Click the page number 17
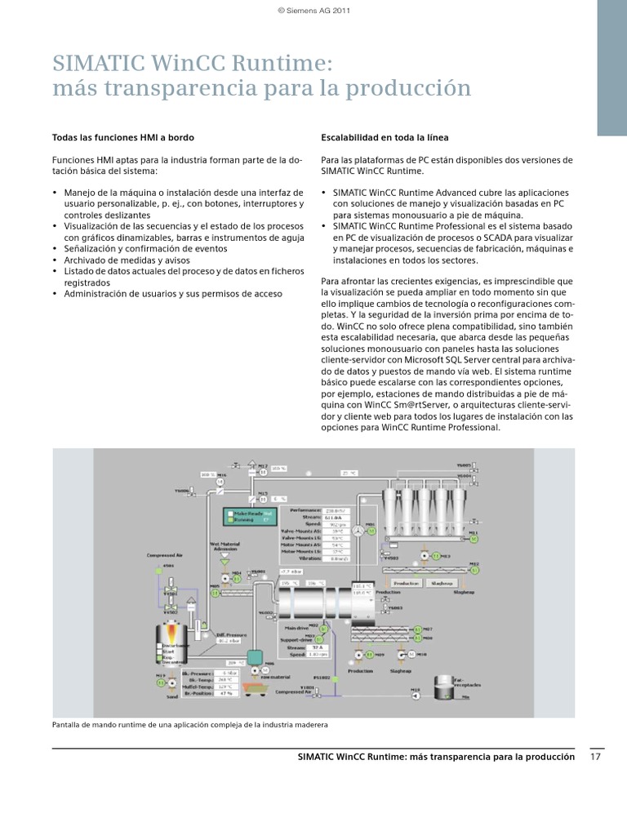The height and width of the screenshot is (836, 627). click(x=595, y=757)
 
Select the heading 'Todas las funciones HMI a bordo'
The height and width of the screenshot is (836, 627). click(x=123, y=137)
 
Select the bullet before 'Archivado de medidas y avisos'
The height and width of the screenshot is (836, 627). click(x=55, y=260)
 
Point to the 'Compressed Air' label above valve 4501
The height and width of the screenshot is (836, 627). click(x=166, y=554)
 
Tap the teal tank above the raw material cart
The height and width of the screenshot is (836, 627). click(x=254, y=655)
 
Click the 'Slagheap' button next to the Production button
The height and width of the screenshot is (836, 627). click(x=443, y=583)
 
